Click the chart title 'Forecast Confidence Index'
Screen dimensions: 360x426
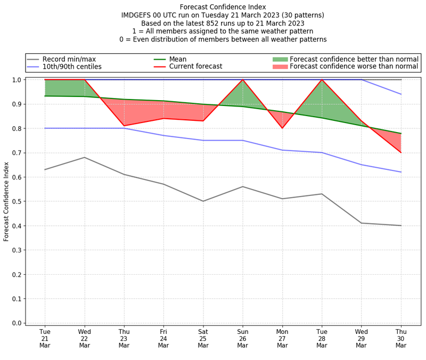click(223, 7)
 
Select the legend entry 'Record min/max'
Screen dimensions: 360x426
click(69, 59)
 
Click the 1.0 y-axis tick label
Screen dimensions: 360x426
click(17, 80)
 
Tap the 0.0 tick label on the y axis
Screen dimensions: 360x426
click(17, 323)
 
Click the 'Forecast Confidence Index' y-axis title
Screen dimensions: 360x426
click(6, 201)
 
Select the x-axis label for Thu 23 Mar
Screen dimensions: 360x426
click(124, 338)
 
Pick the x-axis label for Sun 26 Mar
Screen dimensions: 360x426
click(243, 338)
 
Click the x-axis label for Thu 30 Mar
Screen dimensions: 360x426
click(401, 338)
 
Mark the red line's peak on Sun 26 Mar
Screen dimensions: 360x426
click(243, 80)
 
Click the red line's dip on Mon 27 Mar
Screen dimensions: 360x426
click(282, 128)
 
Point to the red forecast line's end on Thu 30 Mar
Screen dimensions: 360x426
click(401, 153)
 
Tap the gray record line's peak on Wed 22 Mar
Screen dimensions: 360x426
click(85, 157)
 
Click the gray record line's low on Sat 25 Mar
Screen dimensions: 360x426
click(203, 201)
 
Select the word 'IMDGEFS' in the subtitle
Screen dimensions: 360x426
click(137, 15)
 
